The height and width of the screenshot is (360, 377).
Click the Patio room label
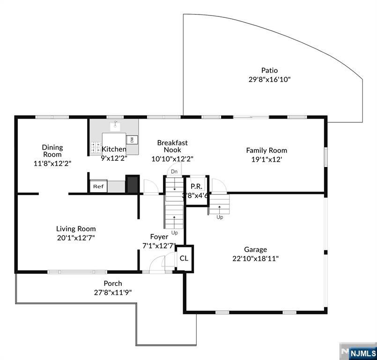coord(269,70)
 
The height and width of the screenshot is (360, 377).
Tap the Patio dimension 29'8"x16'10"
coord(269,80)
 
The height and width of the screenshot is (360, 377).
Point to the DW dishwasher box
coord(132,140)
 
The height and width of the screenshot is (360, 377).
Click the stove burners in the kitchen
coord(96,148)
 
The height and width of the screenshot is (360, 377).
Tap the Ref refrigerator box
coord(98,187)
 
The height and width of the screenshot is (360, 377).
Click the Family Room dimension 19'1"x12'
coord(266,159)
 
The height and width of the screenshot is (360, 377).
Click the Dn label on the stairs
coord(174,172)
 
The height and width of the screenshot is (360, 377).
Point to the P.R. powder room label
coord(196,186)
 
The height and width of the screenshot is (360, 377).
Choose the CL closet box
coord(184,258)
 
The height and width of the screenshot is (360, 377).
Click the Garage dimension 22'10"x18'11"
coord(255,258)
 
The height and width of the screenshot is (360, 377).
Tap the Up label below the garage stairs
coord(220,217)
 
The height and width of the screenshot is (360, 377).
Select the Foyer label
coord(159,237)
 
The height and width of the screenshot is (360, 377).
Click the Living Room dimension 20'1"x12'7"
coord(76,238)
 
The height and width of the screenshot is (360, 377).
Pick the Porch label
coord(113,283)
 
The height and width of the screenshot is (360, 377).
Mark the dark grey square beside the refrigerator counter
coord(133,184)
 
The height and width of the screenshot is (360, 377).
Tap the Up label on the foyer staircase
coord(175,232)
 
